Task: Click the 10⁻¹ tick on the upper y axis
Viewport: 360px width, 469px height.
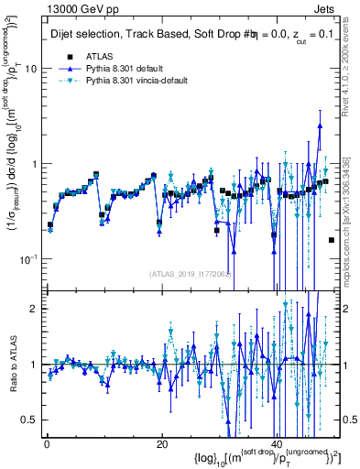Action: tap(29, 259)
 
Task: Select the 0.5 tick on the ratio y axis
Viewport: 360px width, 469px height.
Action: tap(30, 420)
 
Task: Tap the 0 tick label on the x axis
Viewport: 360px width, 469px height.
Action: tap(46, 443)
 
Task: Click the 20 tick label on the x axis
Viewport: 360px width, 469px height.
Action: tap(161, 443)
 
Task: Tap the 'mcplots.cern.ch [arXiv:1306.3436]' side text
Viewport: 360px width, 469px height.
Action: tap(352, 211)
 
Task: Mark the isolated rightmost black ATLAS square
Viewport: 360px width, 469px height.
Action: tap(331, 240)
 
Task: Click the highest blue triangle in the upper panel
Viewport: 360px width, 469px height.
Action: tap(320, 125)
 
